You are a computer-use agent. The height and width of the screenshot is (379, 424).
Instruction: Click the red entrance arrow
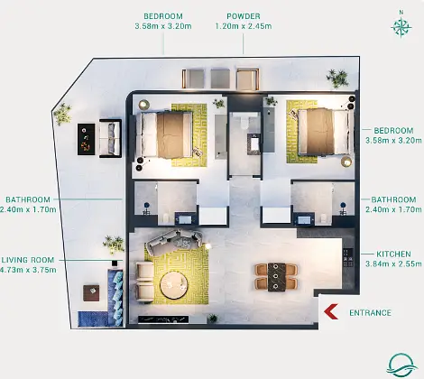tap(330, 311)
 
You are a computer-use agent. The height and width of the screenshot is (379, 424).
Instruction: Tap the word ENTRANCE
tap(370, 313)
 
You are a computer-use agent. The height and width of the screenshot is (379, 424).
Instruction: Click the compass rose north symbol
tap(401, 25)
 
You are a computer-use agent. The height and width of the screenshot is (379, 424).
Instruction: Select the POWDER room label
tap(244, 16)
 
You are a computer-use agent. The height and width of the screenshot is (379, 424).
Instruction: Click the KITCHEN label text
tap(393, 254)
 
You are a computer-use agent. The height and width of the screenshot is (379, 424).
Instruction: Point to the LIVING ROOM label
tap(28, 260)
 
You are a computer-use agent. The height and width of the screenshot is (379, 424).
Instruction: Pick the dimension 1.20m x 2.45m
tap(244, 26)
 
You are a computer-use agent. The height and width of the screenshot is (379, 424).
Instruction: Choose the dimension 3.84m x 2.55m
tap(393, 264)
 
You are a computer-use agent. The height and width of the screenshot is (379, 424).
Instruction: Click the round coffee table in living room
tap(174, 285)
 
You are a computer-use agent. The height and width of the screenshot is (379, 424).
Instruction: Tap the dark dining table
tap(277, 277)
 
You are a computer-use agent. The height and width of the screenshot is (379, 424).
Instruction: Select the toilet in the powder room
tap(244, 122)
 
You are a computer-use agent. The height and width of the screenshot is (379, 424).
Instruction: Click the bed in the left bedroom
tap(164, 134)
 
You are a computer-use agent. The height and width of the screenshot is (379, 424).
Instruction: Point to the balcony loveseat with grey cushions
tap(110, 138)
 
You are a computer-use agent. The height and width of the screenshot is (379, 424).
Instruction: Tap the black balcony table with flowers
tap(87, 140)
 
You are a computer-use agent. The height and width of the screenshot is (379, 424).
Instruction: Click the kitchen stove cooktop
tap(348, 257)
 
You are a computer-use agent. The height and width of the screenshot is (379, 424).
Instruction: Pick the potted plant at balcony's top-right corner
tap(338, 79)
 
